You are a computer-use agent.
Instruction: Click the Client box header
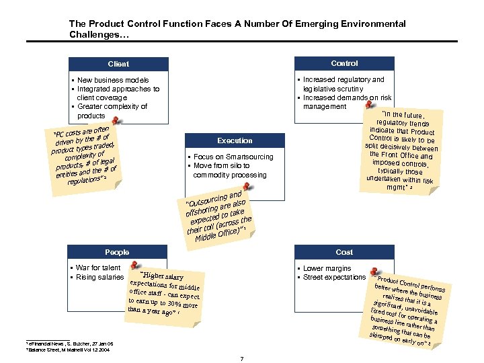(118, 64)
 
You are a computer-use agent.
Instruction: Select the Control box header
(344, 63)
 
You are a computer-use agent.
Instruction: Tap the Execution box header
(235, 140)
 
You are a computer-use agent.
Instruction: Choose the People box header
(117, 252)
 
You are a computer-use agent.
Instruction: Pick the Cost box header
(344, 252)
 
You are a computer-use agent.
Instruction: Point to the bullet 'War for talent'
(98, 268)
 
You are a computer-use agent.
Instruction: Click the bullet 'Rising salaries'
(100, 277)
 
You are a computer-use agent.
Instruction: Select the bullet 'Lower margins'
(327, 268)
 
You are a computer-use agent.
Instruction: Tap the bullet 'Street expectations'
(334, 277)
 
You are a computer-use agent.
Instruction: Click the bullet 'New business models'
(112, 80)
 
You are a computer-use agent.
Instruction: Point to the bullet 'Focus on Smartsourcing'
(233, 157)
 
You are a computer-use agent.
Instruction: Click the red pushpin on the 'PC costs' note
(116, 121)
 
